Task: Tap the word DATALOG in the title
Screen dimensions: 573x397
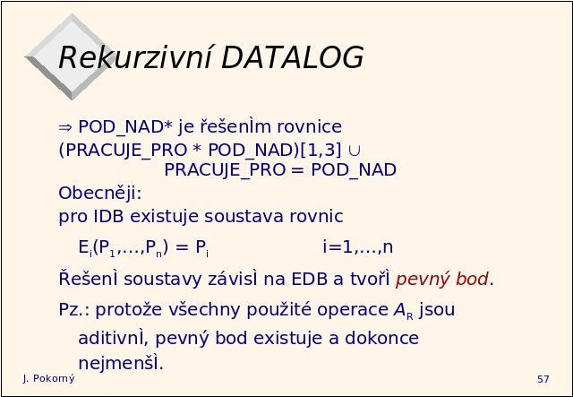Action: pos(293,57)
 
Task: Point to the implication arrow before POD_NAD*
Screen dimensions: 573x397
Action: pos(65,127)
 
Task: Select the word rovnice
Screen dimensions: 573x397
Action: pos(310,127)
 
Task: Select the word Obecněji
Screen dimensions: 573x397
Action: pos(99,194)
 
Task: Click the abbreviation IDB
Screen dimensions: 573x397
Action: pos(108,216)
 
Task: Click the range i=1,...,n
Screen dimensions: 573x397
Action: pos(358,247)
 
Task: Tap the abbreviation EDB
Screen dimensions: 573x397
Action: pos(309,280)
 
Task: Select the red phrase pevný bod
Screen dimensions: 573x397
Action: pos(441,280)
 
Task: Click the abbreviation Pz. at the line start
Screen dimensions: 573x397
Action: pos(74,310)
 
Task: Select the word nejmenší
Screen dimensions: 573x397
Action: pos(120,363)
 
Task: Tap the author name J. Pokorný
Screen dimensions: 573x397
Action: pos(48,379)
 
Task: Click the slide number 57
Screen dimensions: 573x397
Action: pos(543,379)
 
